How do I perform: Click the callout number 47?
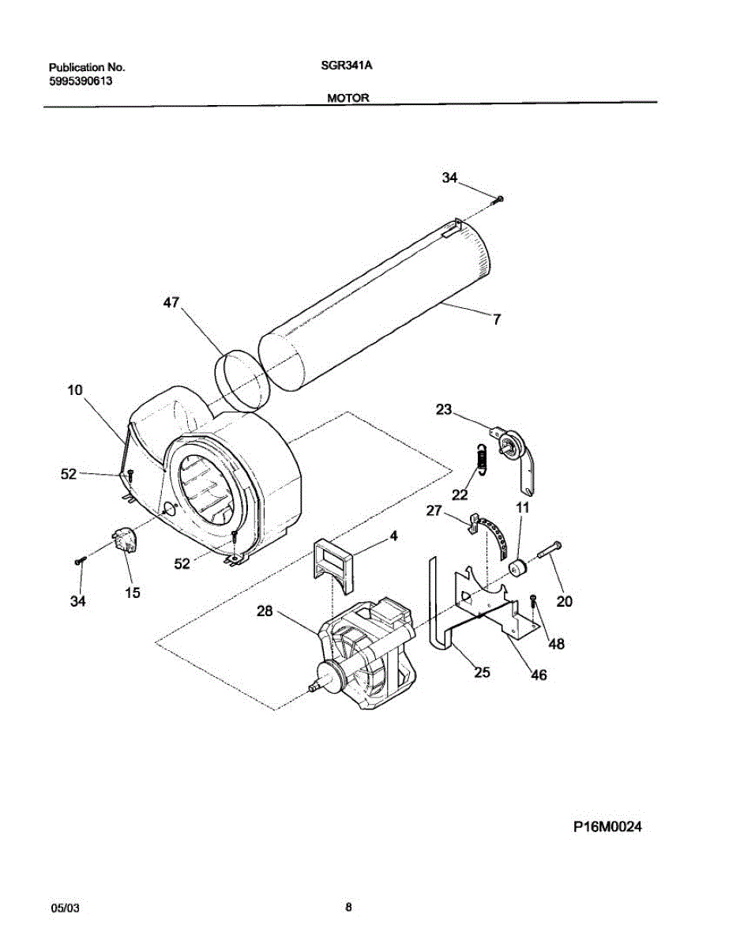tap(171, 303)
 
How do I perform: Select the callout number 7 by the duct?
tap(497, 321)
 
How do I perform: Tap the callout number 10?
tap(75, 390)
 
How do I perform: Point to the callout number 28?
tap(265, 611)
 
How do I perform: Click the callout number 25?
tap(482, 672)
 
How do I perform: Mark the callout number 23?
tap(445, 409)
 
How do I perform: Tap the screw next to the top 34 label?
tap(499, 199)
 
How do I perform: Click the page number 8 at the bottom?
tap(348, 907)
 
